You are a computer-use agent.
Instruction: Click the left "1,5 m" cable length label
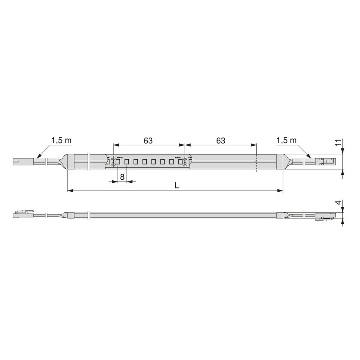(62, 141)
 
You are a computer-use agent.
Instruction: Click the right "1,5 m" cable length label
(287, 141)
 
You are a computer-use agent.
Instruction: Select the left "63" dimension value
(148, 141)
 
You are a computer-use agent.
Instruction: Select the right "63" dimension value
(220, 141)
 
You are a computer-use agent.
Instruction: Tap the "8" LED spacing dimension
(122, 177)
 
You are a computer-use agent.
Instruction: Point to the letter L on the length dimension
(177, 186)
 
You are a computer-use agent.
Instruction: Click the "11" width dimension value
(338, 143)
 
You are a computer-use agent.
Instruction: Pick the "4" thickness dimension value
(338, 203)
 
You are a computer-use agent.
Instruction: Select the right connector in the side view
(325, 217)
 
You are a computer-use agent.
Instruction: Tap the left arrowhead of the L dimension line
(70, 191)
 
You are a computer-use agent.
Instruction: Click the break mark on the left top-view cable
(47, 162)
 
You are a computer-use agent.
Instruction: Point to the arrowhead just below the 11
(342, 151)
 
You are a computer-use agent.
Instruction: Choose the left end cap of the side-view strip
(70, 216)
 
